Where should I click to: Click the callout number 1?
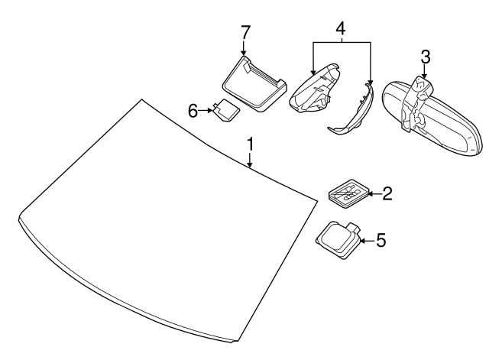coord(250,144)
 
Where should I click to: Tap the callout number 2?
coord(387,194)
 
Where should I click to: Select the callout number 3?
coord(426,56)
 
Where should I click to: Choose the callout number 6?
coord(193,111)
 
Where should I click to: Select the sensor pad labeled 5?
coord(336,239)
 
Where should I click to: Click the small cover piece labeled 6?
coord(225,112)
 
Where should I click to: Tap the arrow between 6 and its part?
coord(207,111)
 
